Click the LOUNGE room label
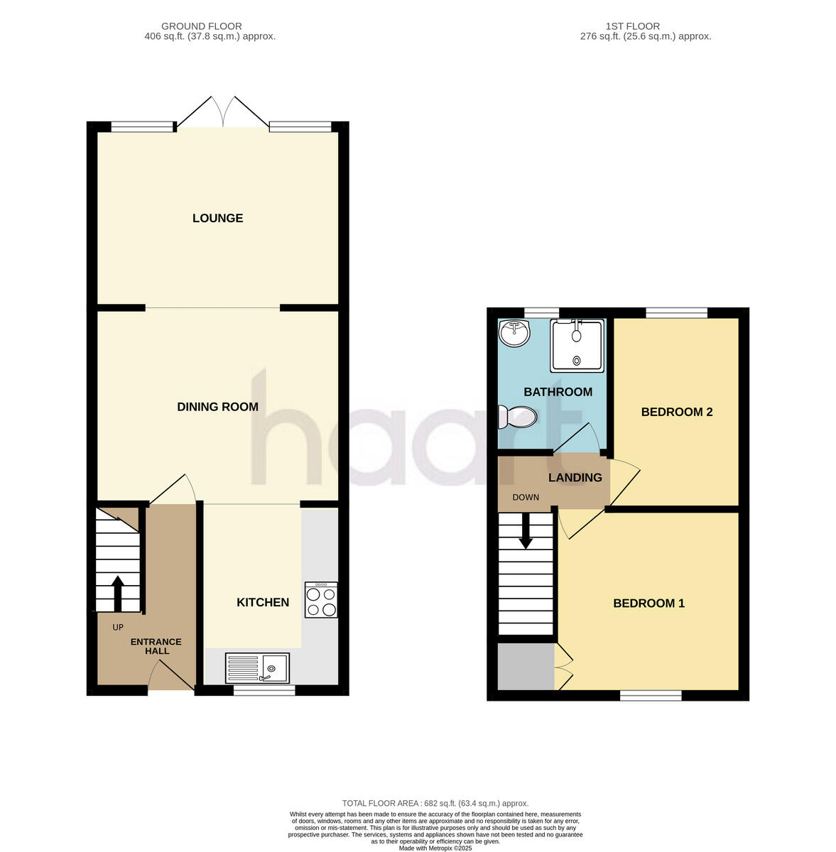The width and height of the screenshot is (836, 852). tap(217, 218)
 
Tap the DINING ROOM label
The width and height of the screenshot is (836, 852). tap(217, 407)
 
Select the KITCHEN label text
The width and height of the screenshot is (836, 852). tap(263, 603)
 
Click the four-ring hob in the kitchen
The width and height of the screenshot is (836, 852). tap(321, 600)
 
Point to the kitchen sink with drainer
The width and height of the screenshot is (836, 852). tap(257, 668)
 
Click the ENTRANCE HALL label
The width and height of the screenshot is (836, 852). tap(156, 646)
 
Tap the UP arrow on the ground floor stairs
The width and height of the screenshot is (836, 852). tap(118, 593)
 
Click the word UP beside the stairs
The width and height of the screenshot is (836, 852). tap(118, 628)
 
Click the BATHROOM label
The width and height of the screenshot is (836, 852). tap(558, 392)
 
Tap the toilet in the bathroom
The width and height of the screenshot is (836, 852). tap(519, 417)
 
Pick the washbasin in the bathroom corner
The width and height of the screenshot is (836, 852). tap(515, 332)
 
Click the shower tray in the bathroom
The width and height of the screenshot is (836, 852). tap(577, 346)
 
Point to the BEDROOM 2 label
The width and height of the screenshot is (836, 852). tap(676, 412)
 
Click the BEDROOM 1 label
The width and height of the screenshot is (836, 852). tap(648, 603)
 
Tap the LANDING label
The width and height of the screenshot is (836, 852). tap(575, 478)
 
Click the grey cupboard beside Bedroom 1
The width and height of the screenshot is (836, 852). tap(526, 666)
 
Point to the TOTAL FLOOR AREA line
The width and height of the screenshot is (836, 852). tap(435, 803)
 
